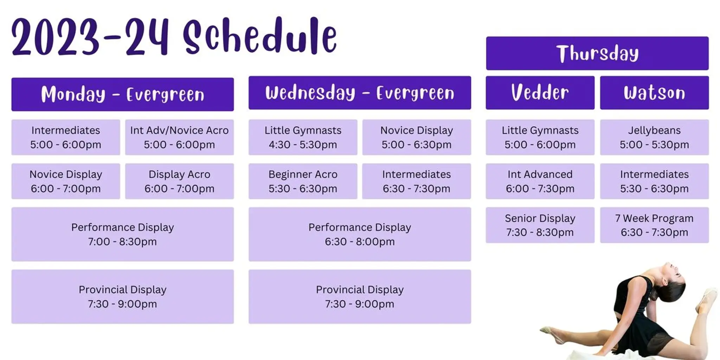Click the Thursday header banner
(x=597, y=53)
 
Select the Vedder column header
(x=540, y=93)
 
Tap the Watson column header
(x=654, y=93)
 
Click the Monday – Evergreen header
(x=122, y=94)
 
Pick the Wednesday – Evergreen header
(x=360, y=93)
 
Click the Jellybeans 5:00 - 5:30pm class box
(x=654, y=137)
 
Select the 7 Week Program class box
(x=654, y=225)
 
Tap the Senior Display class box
(x=540, y=225)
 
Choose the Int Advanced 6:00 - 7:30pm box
(x=540, y=181)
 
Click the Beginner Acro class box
(x=303, y=181)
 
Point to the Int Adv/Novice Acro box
(x=179, y=137)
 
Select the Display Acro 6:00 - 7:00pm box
(x=179, y=181)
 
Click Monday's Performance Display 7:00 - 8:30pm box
(x=122, y=234)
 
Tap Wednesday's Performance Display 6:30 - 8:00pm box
(x=360, y=234)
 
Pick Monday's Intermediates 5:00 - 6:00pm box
(x=66, y=137)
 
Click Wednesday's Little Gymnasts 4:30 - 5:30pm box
(x=303, y=137)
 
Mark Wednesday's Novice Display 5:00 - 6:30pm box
(x=417, y=137)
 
